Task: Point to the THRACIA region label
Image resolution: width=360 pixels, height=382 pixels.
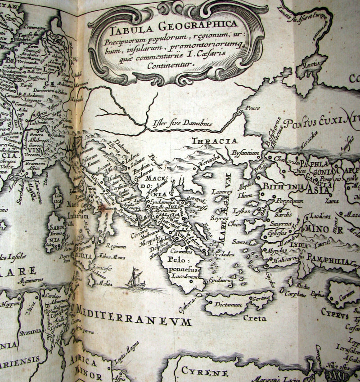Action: click(x=215, y=142)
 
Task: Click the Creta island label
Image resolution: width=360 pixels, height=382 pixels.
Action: click(x=256, y=318)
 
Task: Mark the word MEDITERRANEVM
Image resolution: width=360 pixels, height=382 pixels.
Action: click(x=134, y=321)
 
